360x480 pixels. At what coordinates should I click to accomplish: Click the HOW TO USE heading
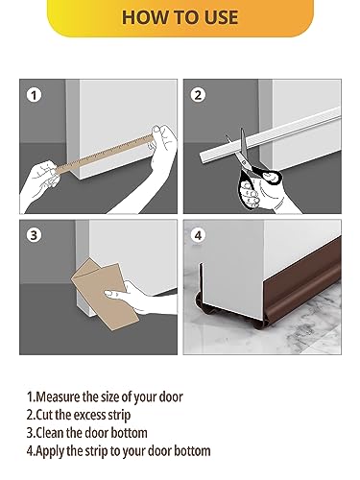180,18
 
